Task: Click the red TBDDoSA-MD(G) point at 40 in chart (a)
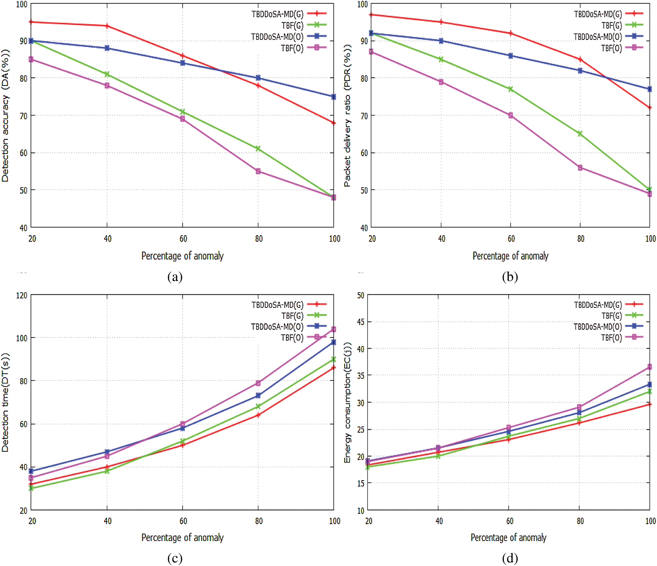point(107,26)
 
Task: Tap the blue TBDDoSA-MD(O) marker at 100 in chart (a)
point(333,97)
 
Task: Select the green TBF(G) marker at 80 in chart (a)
point(258,149)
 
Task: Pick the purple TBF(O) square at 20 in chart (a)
point(31,59)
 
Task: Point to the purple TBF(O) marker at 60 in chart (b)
point(510,115)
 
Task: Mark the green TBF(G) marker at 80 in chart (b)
point(580,134)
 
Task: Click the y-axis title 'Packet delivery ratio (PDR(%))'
point(347,116)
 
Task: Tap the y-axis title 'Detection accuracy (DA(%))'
point(5,116)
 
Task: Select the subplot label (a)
point(175,277)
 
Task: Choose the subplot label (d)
point(510,558)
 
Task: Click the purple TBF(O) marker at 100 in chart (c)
point(333,329)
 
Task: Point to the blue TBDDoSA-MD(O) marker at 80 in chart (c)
point(258,395)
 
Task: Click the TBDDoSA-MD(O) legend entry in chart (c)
point(277,327)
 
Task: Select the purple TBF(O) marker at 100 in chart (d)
point(649,367)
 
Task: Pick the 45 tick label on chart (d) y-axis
point(361,322)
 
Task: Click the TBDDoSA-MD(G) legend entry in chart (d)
point(598,305)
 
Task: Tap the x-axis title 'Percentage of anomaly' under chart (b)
point(510,256)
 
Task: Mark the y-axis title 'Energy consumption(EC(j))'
point(347,402)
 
